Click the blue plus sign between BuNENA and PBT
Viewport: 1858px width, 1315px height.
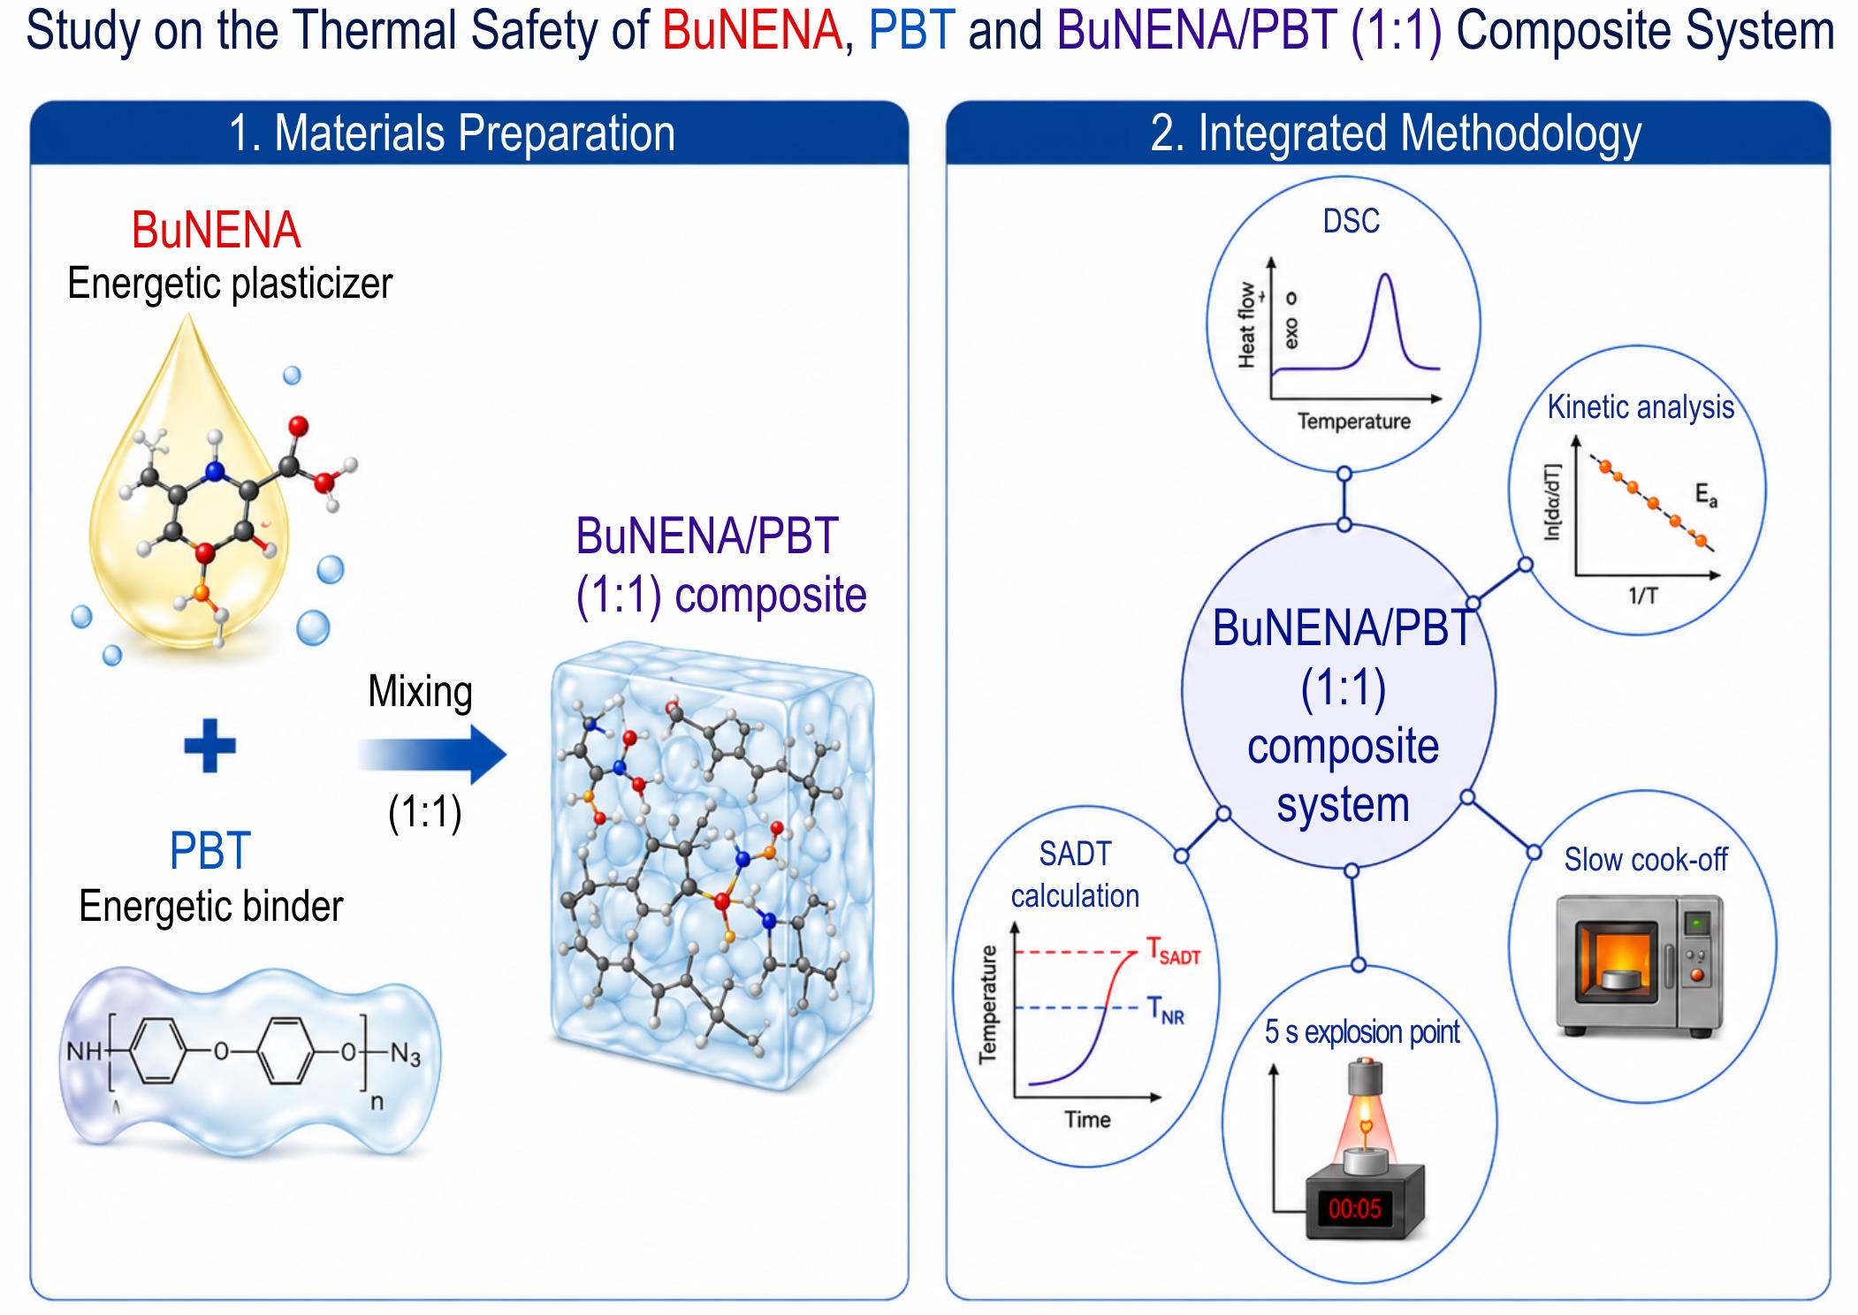pos(209,745)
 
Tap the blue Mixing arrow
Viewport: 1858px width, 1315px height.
pos(432,756)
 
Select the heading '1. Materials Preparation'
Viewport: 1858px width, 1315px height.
pos(452,133)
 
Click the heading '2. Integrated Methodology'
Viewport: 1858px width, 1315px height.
pos(1396,133)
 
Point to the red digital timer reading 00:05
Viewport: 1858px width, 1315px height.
pos(1354,1208)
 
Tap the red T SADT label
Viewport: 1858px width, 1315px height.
pos(1173,951)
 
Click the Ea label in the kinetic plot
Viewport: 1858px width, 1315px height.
pos(1706,497)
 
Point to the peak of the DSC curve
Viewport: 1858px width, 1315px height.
pos(1385,276)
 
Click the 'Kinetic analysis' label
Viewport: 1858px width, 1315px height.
pos(1641,407)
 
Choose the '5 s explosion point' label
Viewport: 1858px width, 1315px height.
pos(1362,1031)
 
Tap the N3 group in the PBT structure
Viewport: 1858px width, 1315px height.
pos(405,1053)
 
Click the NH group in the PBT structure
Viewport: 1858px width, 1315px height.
pos(84,1053)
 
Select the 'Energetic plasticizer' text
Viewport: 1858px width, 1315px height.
pos(230,284)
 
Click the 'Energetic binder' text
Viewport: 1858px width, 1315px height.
pos(210,906)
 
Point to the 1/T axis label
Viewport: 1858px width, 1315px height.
pos(1642,596)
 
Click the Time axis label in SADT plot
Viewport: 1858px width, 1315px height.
pos(1087,1120)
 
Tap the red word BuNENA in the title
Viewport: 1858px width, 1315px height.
pos(752,30)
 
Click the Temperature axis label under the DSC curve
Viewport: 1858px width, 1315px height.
pos(1353,422)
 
